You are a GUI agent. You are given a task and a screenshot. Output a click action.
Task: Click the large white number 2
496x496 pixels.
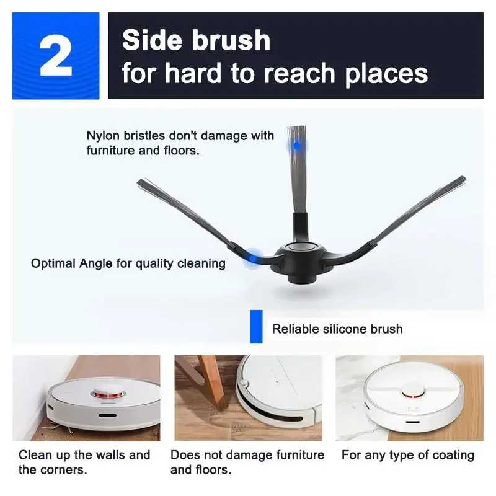56,55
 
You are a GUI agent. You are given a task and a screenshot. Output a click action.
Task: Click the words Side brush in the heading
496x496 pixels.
196,40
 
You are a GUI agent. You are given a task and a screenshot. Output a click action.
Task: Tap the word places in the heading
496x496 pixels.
386,74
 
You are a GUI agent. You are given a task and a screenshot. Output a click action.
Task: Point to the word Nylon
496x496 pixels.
103,136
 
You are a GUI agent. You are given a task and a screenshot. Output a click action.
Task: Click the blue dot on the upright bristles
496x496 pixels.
297,146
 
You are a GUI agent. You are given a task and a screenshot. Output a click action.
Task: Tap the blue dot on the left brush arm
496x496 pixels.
253,259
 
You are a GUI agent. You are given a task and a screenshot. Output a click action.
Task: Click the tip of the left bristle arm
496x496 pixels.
138,181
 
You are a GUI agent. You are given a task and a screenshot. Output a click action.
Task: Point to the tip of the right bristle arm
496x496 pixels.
464,179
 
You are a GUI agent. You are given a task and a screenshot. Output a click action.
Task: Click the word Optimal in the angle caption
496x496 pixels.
53,263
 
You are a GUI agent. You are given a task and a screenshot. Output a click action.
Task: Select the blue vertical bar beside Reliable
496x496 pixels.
256,327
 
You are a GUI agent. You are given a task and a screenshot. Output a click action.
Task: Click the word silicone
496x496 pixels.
345,329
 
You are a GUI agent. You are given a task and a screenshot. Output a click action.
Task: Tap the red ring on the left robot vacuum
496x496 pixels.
108,394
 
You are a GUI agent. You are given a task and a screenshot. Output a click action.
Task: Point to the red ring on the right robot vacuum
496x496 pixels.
413,394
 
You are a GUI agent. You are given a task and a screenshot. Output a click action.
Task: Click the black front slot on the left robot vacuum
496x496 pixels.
107,415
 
